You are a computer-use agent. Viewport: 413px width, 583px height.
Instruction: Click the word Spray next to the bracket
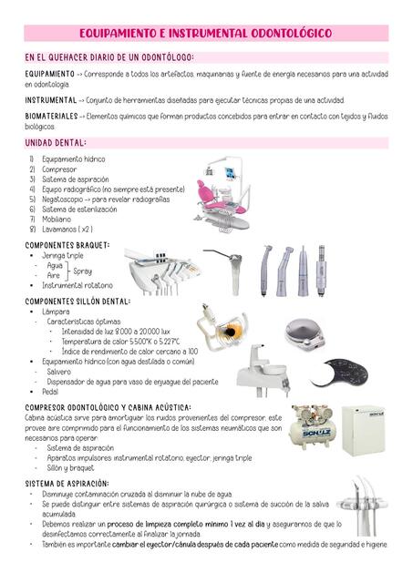click(82, 271)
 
